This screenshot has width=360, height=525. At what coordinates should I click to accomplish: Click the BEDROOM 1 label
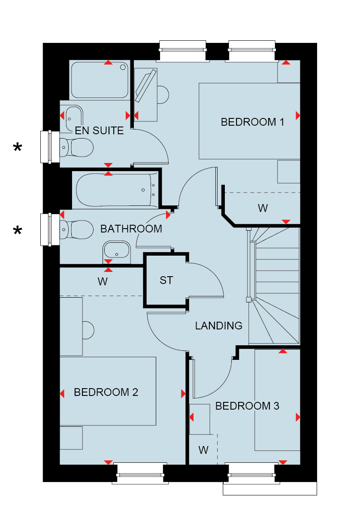coord(252,122)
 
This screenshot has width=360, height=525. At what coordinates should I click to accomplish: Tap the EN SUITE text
coord(99,131)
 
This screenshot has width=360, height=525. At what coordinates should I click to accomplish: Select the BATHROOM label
coord(131,229)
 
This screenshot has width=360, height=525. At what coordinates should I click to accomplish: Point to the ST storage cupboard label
coord(166,281)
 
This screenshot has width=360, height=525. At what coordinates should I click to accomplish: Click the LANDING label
coord(218,326)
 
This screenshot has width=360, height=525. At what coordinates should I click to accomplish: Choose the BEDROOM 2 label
coord(106,392)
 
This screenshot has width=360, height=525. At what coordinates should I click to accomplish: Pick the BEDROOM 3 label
coord(247,406)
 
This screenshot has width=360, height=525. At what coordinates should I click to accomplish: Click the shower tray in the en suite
coord(100,80)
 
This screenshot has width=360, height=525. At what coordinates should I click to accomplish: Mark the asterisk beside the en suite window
coord(17,148)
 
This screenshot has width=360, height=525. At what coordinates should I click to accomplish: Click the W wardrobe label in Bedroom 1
coord(263,208)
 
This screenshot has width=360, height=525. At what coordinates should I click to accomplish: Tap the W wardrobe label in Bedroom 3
coord(203,450)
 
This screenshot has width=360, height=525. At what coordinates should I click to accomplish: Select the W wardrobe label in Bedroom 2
coord(102,282)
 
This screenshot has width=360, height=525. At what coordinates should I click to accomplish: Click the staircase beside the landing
coord(275,285)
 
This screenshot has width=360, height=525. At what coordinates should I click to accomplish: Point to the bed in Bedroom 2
coord(107,391)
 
